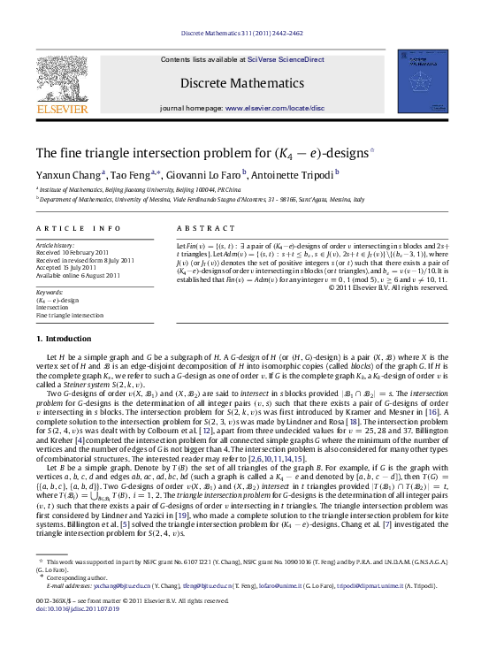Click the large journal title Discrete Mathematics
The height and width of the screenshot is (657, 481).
tap(239, 85)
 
